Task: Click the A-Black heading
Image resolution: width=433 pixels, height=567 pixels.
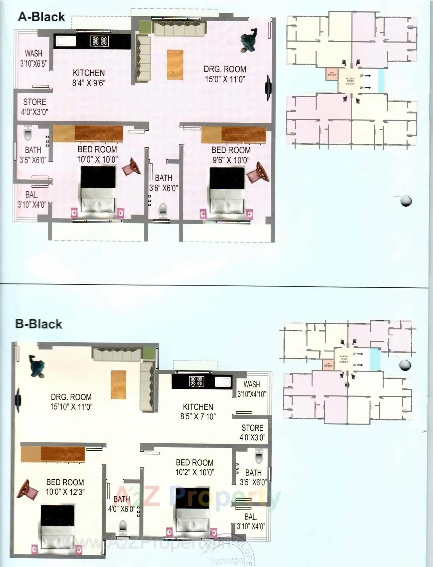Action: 41,17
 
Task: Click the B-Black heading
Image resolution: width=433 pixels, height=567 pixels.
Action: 39,324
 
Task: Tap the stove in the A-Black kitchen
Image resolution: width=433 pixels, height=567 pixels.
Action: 99,41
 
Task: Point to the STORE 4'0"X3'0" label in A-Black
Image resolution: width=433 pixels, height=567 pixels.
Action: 35,107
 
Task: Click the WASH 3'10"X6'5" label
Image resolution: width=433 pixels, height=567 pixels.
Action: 33,58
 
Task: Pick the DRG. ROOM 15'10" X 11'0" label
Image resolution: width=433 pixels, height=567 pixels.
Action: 71,402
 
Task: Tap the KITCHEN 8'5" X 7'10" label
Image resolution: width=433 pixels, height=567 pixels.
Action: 198,411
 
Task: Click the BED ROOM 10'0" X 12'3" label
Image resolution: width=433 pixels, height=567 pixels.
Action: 65,487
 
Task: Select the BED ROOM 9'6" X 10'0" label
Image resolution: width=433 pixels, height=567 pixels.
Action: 231,155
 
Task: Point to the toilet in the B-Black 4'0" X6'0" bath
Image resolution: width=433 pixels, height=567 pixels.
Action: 123,527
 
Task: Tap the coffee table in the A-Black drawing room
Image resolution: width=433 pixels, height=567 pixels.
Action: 175,65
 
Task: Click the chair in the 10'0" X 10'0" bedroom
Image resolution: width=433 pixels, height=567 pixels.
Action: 131,167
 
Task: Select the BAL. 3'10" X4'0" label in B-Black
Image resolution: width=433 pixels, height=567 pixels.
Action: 251,521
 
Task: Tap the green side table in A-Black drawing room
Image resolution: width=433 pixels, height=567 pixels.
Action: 144,27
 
